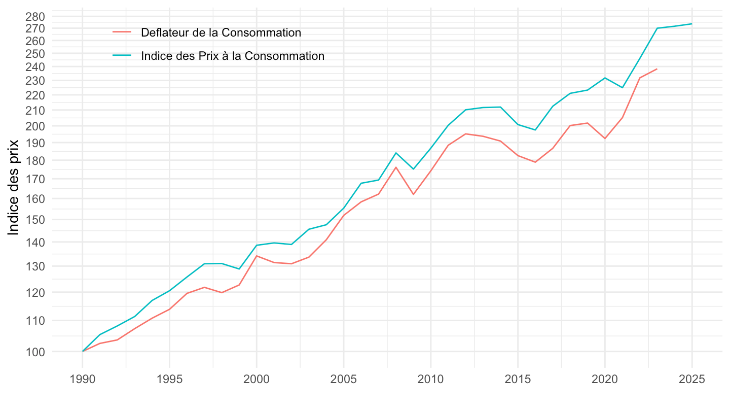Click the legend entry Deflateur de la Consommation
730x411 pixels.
pyautogui.click(x=221, y=32)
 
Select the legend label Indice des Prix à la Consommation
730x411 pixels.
pyautogui.click(x=233, y=56)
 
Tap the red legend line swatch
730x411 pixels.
pyautogui.click(x=122, y=32)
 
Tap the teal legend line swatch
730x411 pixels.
pyautogui.click(x=122, y=56)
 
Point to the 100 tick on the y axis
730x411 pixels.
pyautogui.click(x=36, y=352)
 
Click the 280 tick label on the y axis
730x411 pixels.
pyautogui.click(x=36, y=16)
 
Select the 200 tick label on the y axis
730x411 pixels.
pyautogui.click(x=36, y=126)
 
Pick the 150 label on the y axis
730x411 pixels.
pyautogui.click(x=36, y=220)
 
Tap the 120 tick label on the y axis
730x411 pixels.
pyautogui.click(x=36, y=293)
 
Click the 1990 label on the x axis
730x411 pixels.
pyautogui.click(x=83, y=379)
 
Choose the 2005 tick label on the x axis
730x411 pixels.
pyautogui.click(x=344, y=379)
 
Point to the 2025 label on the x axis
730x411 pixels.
pyautogui.click(x=691, y=379)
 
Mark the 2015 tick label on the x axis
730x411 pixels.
pyautogui.click(x=518, y=379)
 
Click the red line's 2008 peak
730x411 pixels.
pyautogui.click(x=396, y=167)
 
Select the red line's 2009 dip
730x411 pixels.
pyautogui.click(x=413, y=194)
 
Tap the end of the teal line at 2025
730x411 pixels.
pyautogui.click(x=691, y=24)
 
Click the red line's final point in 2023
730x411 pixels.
pyautogui.click(x=657, y=69)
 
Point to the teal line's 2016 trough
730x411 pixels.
pyautogui.click(x=535, y=130)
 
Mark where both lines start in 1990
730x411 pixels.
pyautogui.click(x=83, y=351)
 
